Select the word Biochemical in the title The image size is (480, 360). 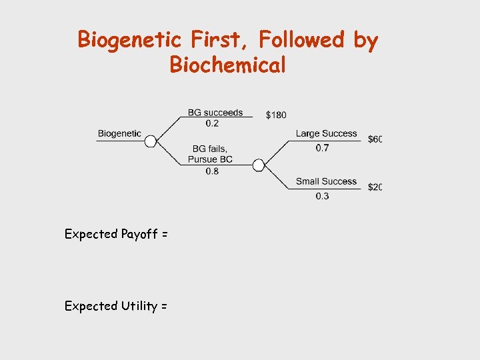click(228, 65)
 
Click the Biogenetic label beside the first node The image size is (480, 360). click(119, 133)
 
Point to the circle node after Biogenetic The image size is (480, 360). click(151, 141)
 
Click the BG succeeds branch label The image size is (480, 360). click(215, 113)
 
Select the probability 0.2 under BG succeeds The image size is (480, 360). click(212, 123)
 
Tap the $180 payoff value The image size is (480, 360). click(276, 115)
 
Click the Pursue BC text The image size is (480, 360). click(210, 160)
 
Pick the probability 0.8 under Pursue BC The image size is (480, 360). click(212, 171)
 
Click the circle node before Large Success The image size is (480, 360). click(259, 165)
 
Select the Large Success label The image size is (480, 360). click(327, 133)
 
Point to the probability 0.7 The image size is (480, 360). click(322, 148)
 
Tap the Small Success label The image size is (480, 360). click(327, 181)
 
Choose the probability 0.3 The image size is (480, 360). click(322, 196)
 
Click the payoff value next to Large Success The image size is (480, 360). click(375, 139)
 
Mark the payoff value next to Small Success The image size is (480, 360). click(375, 187)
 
